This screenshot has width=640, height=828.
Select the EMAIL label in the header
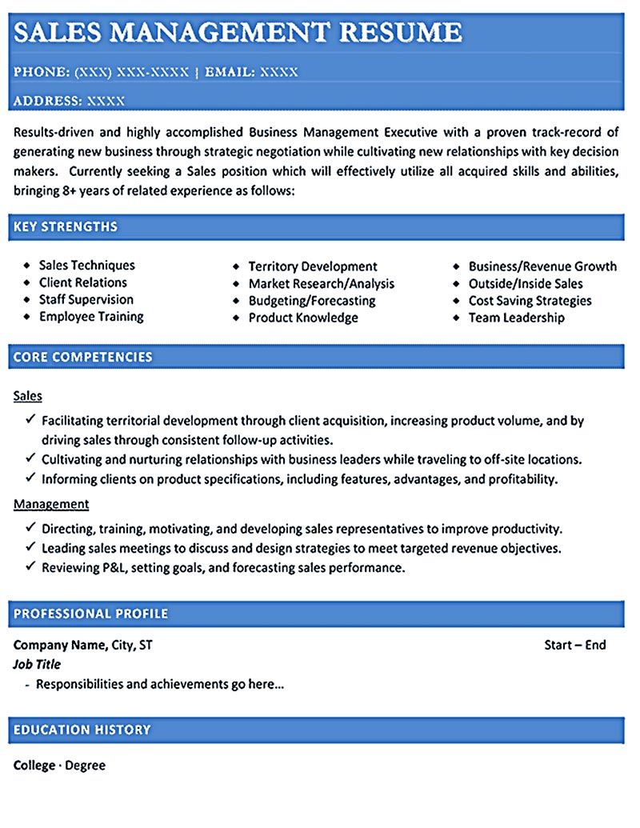[x=230, y=72]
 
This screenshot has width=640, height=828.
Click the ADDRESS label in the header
[x=46, y=101]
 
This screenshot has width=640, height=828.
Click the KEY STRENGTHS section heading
[x=66, y=227]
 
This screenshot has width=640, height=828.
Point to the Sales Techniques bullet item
[x=86, y=266]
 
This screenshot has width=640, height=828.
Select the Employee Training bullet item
[x=91, y=317]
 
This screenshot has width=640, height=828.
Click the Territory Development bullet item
[x=312, y=266]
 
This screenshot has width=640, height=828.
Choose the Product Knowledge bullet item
[x=302, y=318]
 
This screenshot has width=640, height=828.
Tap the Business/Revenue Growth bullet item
[x=542, y=266]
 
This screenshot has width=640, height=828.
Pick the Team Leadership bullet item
[x=516, y=318]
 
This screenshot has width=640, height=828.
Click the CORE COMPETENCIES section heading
[x=83, y=357]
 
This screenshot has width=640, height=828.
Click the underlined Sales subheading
[x=28, y=396]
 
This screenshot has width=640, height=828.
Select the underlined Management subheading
[x=51, y=504]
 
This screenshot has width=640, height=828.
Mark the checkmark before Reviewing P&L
[x=30, y=566]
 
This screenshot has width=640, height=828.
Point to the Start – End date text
[x=574, y=645]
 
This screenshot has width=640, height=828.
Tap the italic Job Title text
[x=37, y=664]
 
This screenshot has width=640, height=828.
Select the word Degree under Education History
[x=85, y=766]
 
